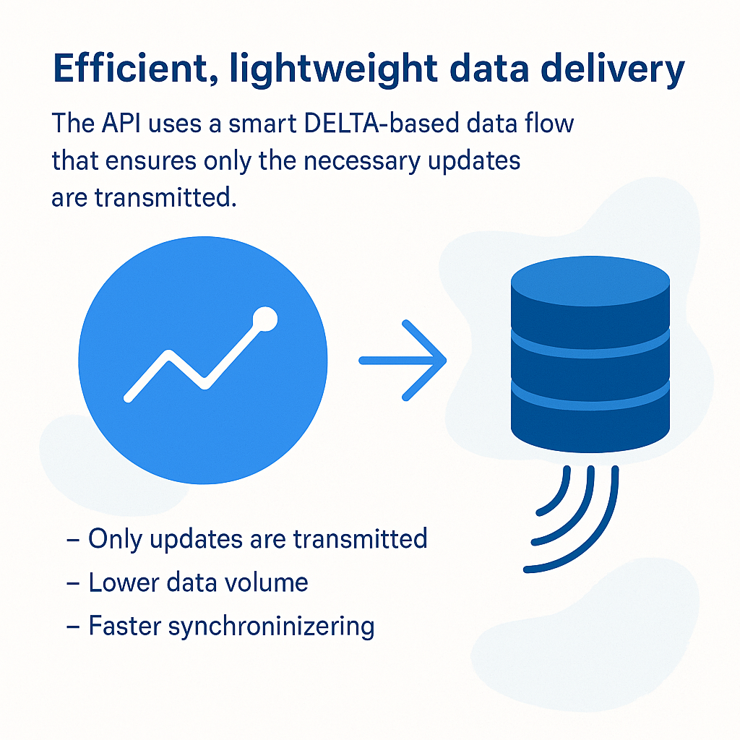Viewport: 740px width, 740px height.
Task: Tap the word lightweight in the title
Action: [333, 70]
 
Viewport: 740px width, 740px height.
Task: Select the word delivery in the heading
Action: [612, 71]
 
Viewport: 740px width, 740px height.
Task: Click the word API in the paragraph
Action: [121, 123]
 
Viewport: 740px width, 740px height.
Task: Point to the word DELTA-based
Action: [382, 123]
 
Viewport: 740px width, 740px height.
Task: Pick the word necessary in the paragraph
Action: [362, 161]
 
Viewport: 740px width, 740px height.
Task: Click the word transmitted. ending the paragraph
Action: [165, 197]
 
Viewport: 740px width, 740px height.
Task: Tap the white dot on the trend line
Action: [264, 319]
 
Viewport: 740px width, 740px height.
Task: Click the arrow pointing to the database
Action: [403, 361]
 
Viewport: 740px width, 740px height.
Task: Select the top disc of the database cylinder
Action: [590, 281]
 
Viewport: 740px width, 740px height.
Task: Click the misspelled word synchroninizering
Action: [272, 627]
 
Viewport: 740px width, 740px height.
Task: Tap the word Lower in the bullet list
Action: [124, 582]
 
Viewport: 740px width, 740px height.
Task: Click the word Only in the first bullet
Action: [115, 539]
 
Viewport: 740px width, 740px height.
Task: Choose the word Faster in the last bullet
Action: [125, 626]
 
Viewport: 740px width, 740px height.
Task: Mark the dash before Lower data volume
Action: [73, 583]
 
